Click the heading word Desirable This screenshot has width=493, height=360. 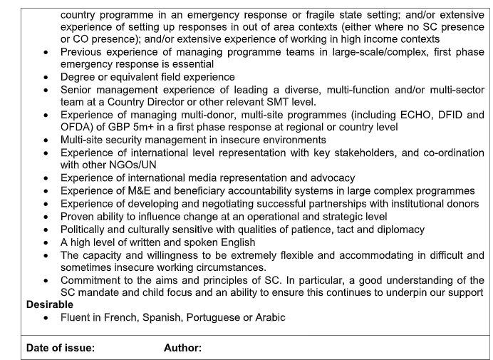[x=49, y=304]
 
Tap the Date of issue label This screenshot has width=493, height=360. [x=60, y=348]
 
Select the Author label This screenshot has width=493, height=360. [x=182, y=348]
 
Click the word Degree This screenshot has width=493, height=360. [x=79, y=76]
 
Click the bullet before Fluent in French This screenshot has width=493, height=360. [x=46, y=318]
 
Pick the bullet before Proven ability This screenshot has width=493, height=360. [x=46, y=217]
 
